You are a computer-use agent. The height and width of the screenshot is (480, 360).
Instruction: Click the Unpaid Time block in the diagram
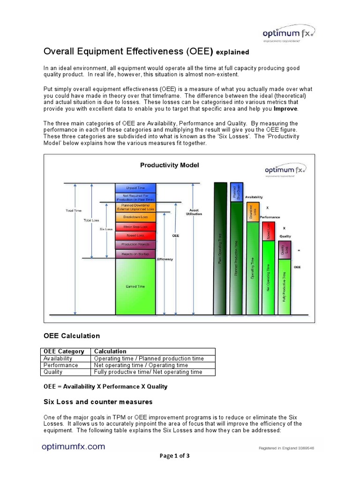(x=135, y=187)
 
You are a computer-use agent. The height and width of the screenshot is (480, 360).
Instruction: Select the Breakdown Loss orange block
(x=135, y=217)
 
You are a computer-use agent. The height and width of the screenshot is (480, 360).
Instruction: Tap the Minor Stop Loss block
(x=135, y=226)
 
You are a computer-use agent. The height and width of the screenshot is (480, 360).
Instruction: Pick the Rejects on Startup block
(x=135, y=254)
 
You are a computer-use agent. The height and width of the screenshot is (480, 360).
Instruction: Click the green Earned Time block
(x=135, y=286)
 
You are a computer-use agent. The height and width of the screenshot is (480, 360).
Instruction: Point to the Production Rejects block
(x=135, y=244)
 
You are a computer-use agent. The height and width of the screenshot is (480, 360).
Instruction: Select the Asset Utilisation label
(x=194, y=212)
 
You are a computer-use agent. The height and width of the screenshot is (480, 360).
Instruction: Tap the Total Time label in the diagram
(x=74, y=210)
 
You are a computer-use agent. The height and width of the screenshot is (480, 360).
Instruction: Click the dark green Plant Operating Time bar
(x=220, y=248)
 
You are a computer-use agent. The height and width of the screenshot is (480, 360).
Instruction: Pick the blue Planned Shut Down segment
(x=236, y=192)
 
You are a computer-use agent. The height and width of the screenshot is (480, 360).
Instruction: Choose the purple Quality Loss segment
(x=284, y=250)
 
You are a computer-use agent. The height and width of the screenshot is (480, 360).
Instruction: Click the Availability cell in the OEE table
(x=58, y=359)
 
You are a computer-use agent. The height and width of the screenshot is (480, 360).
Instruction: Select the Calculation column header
(x=110, y=351)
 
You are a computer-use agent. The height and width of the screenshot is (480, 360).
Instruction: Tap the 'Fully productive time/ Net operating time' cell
(x=148, y=372)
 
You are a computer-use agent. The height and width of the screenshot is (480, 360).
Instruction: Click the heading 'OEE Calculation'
(x=71, y=336)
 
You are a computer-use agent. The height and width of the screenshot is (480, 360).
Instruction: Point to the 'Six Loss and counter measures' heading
(x=97, y=402)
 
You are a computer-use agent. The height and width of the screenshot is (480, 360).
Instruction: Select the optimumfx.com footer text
(x=74, y=447)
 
